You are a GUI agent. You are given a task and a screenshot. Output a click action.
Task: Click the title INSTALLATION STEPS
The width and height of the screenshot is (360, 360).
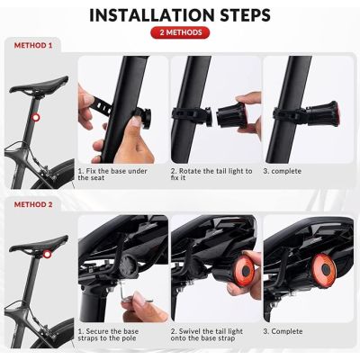(180, 15)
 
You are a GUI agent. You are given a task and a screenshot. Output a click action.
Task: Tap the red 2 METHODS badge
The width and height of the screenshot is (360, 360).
(180, 33)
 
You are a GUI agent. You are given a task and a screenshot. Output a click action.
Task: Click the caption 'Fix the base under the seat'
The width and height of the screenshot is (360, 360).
(117, 173)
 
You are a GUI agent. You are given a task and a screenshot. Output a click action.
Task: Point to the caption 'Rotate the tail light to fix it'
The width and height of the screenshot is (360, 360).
(211, 173)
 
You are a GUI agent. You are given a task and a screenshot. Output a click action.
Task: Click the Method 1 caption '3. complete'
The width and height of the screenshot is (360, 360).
(287, 169)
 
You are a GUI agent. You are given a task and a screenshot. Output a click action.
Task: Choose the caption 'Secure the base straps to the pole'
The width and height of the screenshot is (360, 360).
(117, 336)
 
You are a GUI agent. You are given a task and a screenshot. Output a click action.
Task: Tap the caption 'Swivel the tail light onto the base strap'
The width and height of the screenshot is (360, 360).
(211, 336)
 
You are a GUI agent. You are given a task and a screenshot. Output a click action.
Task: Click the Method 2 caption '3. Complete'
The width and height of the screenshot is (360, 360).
(288, 331)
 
